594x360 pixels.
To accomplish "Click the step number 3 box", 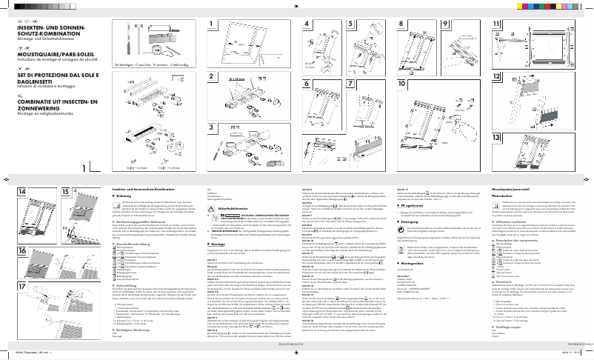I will click(213, 139).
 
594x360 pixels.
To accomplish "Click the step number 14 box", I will click(22, 192).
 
